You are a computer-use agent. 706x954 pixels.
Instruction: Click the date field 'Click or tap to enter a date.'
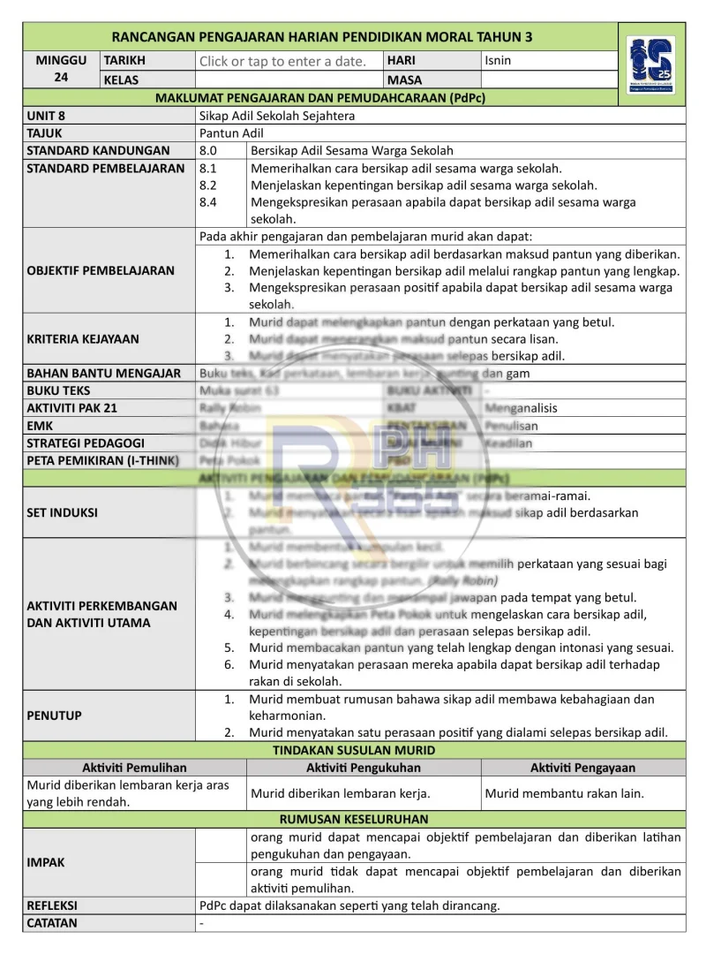pos(282,61)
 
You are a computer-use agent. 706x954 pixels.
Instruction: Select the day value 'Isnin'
pos(498,61)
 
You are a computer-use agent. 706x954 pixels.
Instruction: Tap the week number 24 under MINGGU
pos(61,78)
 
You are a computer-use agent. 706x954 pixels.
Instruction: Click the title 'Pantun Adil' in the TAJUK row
pos(226,132)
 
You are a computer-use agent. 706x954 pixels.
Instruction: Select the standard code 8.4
pos(208,202)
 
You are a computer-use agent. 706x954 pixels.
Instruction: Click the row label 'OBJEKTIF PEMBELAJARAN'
pos(101,270)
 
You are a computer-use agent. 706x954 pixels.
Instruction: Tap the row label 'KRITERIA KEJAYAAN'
pos(83,338)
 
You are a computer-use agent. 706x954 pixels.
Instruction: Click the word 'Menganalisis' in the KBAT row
pos(522,408)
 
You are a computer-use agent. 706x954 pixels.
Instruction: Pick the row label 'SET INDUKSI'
pos(62,512)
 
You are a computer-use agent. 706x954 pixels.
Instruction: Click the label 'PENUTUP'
pos(54,715)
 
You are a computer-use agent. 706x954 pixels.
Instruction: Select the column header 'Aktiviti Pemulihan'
pos(134,768)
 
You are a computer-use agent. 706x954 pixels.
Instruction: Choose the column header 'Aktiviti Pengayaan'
pos(582,768)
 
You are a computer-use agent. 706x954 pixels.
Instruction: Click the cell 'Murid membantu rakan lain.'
pos(564,793)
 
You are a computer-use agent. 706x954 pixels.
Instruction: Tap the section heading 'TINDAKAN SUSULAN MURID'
pos(354,750)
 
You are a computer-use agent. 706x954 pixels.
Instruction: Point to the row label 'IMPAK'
pos(46,862)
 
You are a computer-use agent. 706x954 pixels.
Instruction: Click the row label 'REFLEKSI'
pos(52,905)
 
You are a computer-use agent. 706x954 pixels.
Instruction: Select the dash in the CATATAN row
pos(202,923)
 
